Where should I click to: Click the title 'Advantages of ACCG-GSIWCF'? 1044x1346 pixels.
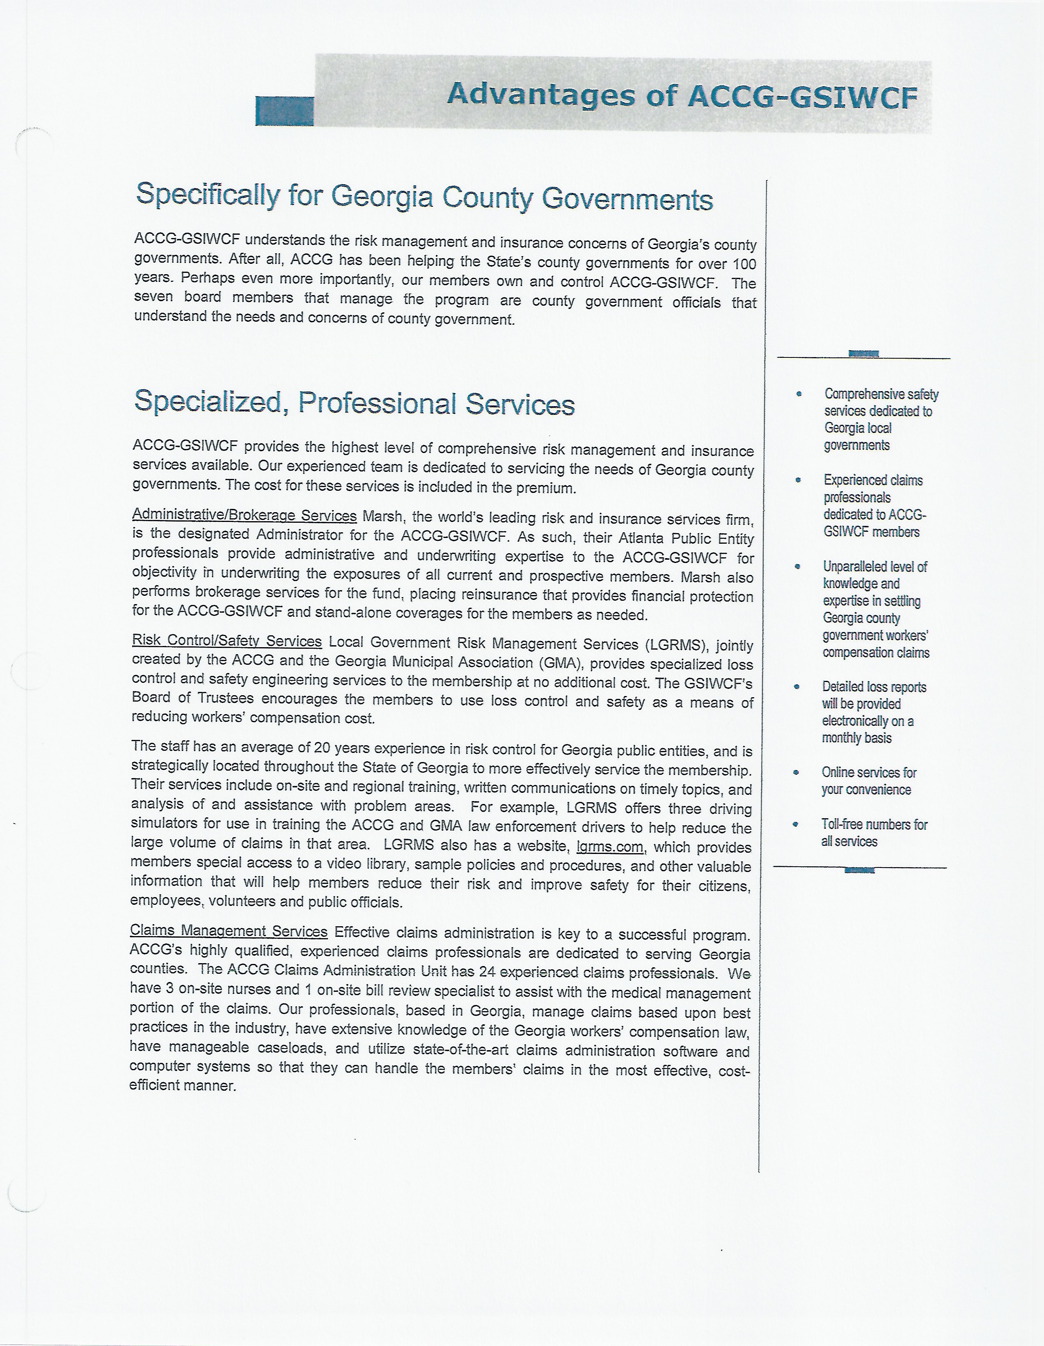682,96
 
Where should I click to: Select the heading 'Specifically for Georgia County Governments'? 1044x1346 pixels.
424,197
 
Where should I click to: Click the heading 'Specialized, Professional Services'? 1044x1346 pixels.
355,403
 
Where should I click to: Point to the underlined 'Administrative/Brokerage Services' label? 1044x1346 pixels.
244,515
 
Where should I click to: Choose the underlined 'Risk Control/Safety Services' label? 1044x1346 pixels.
227,641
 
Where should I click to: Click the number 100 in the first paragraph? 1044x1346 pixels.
744,264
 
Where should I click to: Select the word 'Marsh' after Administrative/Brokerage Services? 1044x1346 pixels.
382,517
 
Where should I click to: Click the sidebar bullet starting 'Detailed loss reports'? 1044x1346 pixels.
873,712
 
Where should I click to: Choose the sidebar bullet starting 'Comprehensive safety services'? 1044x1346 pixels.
880,419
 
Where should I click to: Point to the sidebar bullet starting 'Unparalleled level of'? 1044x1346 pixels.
875,609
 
